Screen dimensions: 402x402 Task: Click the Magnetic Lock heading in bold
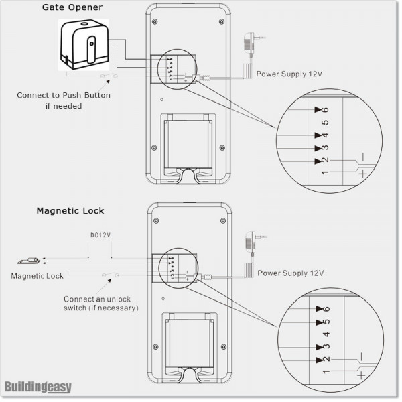[x=70, y=210]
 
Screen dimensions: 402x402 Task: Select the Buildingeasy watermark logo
[x=38, y=387]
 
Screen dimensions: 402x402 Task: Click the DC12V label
[x=100, y=236]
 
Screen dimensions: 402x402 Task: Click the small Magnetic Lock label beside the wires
[x=38, y=276]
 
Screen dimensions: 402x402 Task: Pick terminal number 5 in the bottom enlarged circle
[x=326, y=322]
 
